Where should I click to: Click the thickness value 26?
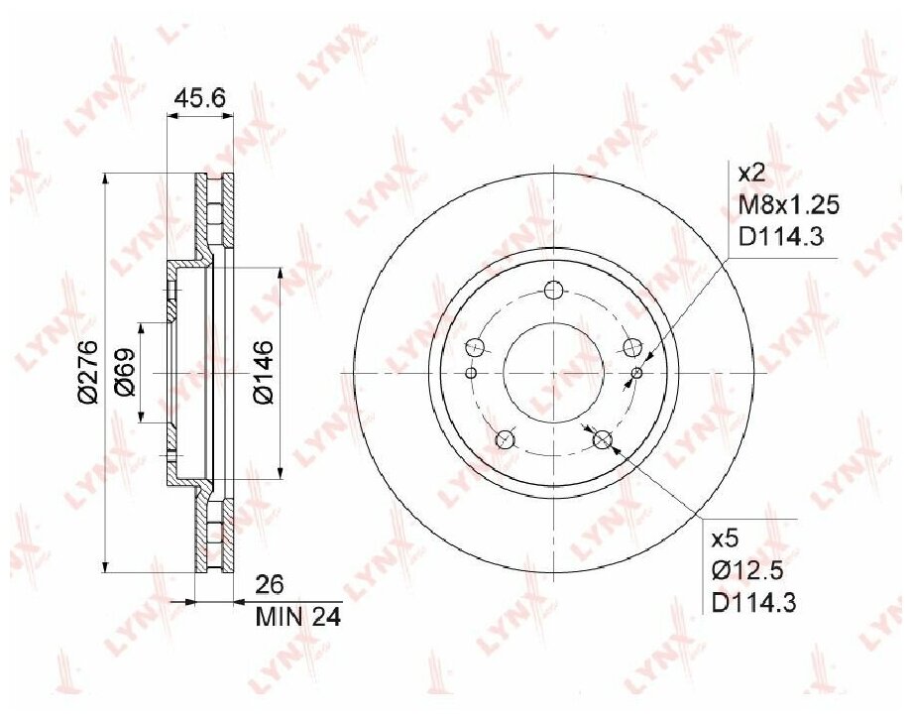[270, 584]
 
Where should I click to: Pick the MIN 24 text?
[297, 617]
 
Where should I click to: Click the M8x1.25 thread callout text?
[788, 205]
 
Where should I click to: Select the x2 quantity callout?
[750, 174]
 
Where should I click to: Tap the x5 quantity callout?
[725, 539]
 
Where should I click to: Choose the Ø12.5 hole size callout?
[748, 570]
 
